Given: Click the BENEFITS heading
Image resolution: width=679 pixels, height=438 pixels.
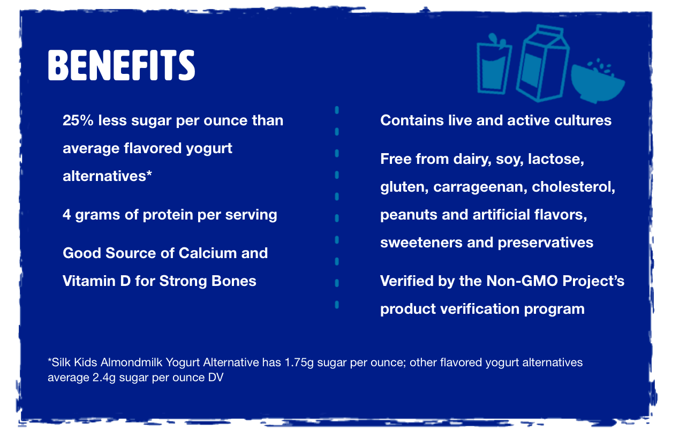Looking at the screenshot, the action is coord(121,65).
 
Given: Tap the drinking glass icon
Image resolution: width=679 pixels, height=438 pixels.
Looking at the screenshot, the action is coord(494,64).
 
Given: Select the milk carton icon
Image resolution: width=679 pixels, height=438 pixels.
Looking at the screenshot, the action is coord(542,63).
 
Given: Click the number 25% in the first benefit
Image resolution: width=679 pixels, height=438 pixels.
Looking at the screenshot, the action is coord(78,120).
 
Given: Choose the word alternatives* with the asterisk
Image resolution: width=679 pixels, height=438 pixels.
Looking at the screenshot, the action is coord(107,176).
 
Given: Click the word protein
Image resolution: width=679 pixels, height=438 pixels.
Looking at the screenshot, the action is coord(168,215).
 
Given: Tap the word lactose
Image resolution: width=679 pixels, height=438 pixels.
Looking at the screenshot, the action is coord(556,159).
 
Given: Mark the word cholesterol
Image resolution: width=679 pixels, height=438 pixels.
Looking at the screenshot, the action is coord(573,187).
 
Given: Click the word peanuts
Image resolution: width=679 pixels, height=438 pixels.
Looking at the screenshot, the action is coord(409,215).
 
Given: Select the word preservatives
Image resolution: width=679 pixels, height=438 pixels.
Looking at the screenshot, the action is coord(545,243).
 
